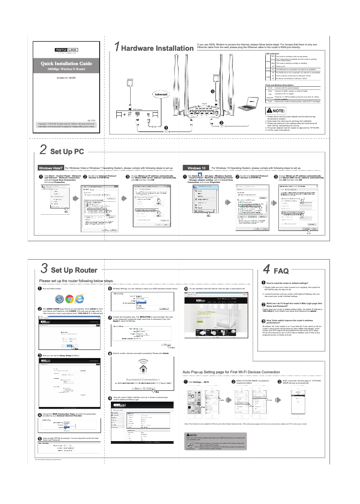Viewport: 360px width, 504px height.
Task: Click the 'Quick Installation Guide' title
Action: pos(66,64)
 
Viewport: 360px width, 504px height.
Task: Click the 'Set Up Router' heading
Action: pos(74,270)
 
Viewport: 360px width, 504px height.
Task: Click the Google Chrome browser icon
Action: pos(70,299)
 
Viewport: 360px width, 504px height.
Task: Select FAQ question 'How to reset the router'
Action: pos(290,283)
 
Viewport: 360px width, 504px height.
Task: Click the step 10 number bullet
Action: pos(186,288)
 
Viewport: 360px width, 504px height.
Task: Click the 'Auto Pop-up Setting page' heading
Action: pos(231,372)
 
